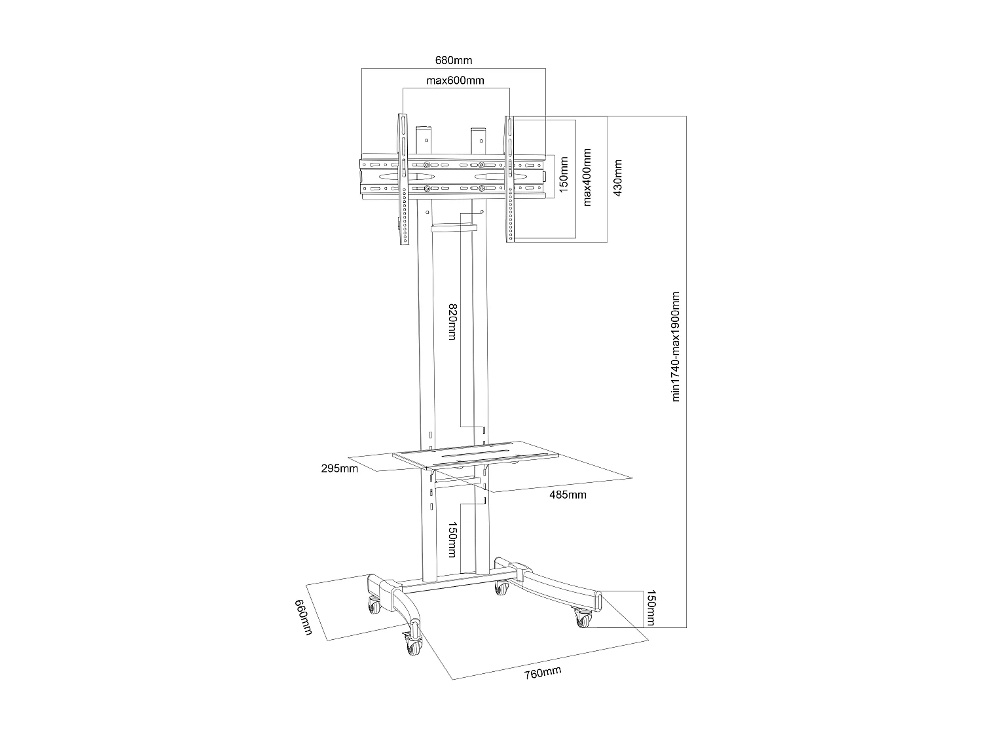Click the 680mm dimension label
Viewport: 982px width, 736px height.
[454, 61]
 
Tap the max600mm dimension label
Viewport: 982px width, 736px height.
[455, 80]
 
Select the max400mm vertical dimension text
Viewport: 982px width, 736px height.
[587, 177]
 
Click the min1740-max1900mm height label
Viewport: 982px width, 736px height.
[677, 347]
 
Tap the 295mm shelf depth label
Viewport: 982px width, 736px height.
[340, 468]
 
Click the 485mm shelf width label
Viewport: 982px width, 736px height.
[568, 495]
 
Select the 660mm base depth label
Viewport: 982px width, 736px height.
[302, 619]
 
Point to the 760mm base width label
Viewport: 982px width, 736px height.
[543, 673]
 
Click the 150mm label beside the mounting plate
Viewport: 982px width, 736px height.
[563, 175]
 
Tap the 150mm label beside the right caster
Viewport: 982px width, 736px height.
[650, 608]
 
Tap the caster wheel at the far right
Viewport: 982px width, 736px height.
[581, 617]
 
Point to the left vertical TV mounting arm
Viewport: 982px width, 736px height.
[403, 180]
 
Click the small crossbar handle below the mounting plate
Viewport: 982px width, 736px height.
[454, 228]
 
